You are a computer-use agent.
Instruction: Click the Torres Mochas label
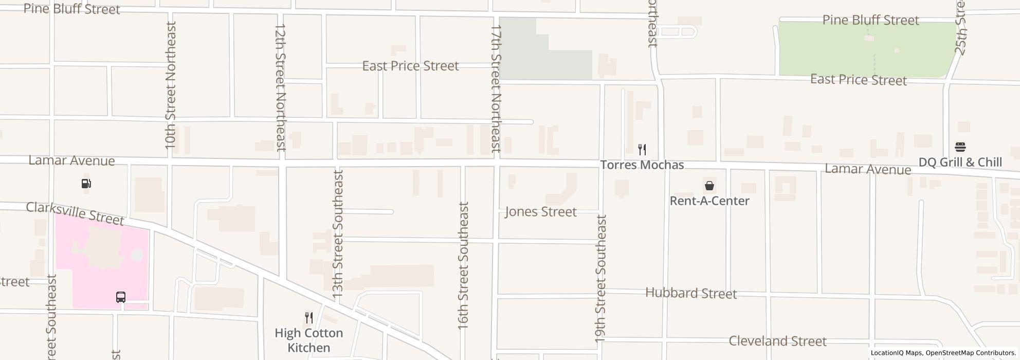642,165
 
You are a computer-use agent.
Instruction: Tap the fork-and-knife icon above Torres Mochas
642,150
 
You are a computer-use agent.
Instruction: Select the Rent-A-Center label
709,201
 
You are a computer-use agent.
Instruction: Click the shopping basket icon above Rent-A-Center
709,186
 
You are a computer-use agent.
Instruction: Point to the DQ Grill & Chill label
960,163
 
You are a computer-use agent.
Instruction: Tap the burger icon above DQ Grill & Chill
960,147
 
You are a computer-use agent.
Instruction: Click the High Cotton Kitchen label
308,340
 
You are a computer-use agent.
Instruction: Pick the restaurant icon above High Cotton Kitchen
308,317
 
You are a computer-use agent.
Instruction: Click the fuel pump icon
86,184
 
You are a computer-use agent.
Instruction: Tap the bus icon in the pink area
121,297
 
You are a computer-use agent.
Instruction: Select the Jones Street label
540,212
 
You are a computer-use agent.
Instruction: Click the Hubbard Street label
691,293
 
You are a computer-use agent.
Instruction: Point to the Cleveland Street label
777,341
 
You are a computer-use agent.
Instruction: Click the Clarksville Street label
75,213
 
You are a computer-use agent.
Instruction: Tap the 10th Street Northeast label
171,85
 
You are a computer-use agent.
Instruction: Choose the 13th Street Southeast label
337,235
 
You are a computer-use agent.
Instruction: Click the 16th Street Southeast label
463,265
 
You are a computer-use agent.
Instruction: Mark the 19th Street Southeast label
600,278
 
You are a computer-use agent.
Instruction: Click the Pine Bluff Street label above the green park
870,20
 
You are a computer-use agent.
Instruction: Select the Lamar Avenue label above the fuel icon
71,160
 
